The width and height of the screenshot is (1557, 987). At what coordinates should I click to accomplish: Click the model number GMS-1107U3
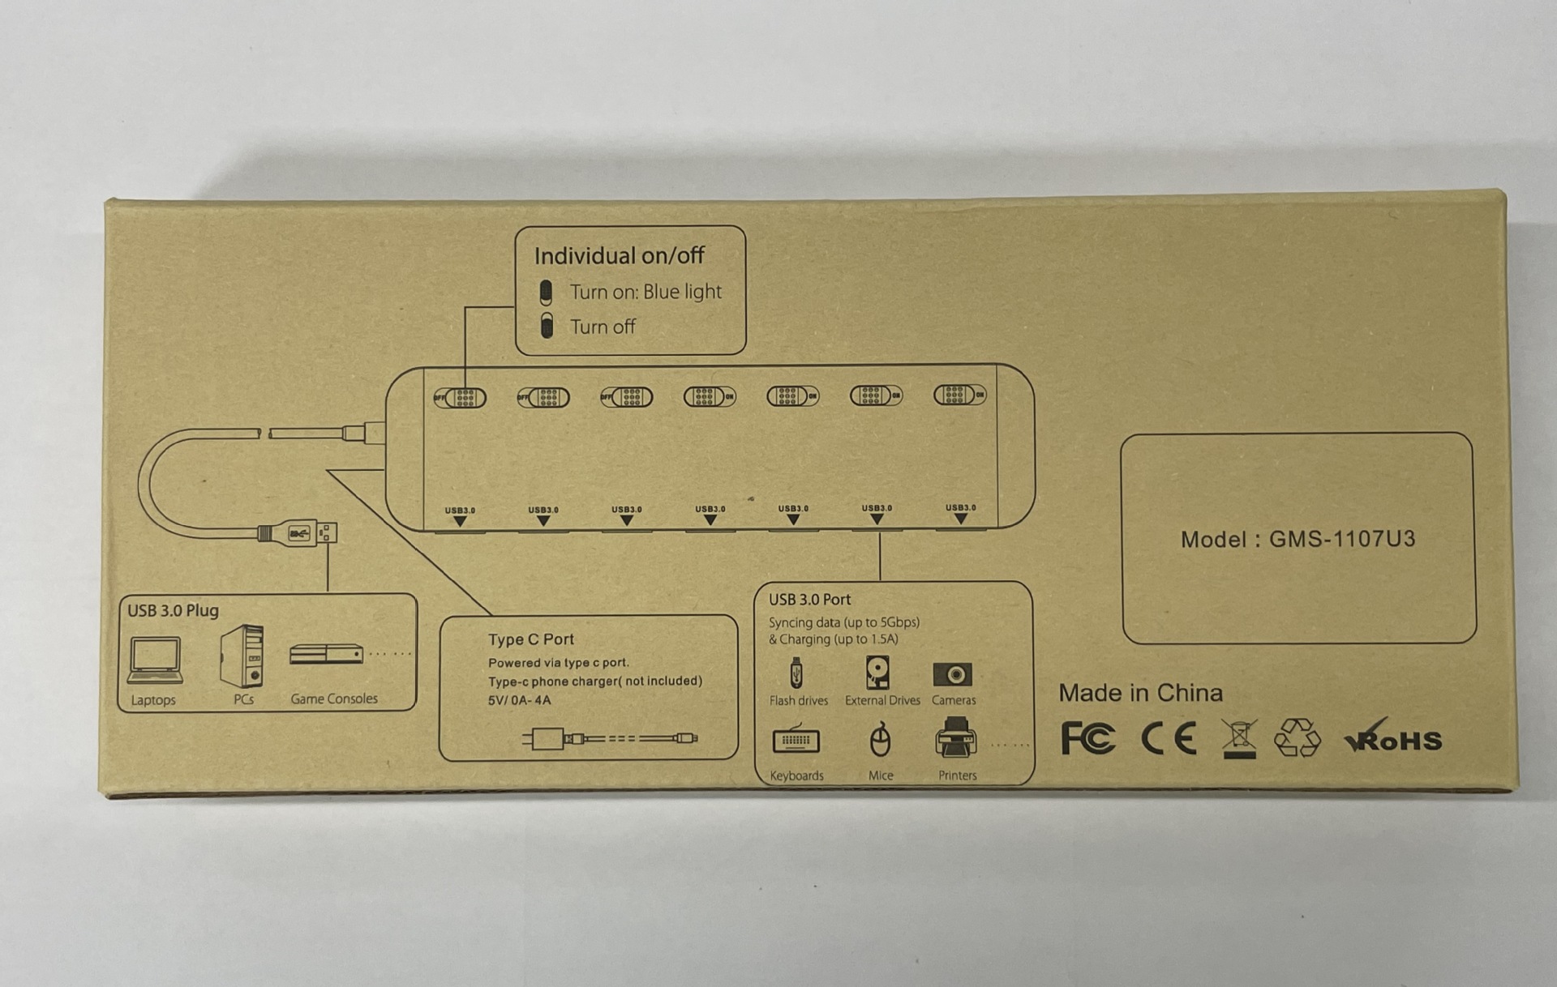point(1341,539)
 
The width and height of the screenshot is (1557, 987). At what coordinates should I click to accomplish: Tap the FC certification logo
point(1087,738)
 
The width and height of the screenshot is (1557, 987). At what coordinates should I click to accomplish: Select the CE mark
point(1168,738)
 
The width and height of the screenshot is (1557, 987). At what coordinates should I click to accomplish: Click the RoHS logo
point(1394,738)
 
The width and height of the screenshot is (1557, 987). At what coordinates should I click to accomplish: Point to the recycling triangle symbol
point(1297,737)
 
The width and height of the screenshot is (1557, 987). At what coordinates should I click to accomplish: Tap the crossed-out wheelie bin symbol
point(1239,738)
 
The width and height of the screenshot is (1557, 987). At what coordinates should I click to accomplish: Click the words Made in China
point(1140,693)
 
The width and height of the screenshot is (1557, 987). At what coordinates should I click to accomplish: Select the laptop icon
point(154,660)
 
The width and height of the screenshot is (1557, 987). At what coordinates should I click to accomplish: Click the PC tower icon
point(242,655)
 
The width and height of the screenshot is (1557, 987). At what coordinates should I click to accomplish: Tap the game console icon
point(326,654)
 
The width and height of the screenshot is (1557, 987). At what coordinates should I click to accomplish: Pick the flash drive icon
point(796,673)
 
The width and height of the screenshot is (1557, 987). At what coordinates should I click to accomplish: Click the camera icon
point(952,674)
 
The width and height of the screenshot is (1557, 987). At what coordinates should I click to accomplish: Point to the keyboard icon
point(796,739)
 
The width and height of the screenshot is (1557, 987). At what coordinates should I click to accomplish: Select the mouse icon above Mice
point(880,739)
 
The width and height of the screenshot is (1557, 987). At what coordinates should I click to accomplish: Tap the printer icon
point(955,737)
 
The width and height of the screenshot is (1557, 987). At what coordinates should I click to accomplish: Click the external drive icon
point(877,673)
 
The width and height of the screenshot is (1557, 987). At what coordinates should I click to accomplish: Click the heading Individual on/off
point(619,256)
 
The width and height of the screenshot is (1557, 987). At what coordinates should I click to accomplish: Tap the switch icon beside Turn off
point(547,326)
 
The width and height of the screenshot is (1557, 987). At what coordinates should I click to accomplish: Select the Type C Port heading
point(530,639)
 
